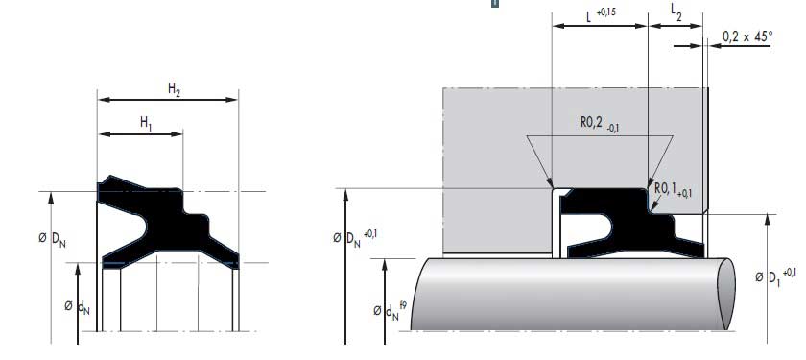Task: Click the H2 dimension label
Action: pos(174,89)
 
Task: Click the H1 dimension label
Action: pos(146,123)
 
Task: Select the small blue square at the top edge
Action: pos(495,3)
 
